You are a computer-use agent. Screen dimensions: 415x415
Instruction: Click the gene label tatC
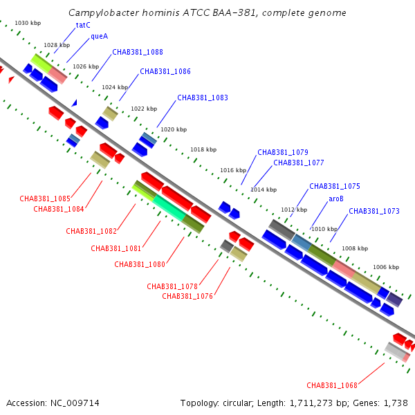(x=83, y=25)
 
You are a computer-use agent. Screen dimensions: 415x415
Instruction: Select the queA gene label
(x=99, y=37)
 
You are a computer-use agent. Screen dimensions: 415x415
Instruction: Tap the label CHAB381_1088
(x=138, y=52)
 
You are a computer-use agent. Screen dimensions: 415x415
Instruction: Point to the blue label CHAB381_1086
(x=165, y=71)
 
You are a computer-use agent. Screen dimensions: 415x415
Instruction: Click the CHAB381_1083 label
(x=203, y=98)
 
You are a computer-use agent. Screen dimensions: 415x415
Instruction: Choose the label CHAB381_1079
(x=283, y=152)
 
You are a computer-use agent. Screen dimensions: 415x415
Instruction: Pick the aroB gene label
(x=336, y=199)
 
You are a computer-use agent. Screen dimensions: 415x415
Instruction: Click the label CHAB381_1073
(x=374, y=211)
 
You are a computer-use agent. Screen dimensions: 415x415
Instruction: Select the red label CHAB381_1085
(x=45, y=199)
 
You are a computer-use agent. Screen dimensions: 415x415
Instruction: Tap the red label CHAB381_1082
(x=91, y=231)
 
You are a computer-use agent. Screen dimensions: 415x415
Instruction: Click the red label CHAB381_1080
(x=140, y=264)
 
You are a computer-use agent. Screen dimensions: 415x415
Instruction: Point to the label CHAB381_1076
(x=187, y=296)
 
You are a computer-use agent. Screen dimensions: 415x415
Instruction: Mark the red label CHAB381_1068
(x=332, y=385)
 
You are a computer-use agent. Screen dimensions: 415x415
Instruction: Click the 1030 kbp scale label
(x=27, y=24)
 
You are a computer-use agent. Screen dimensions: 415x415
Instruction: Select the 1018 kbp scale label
(x=203, y=149)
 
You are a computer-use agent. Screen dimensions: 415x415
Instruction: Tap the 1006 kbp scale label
(x=386, y=267)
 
